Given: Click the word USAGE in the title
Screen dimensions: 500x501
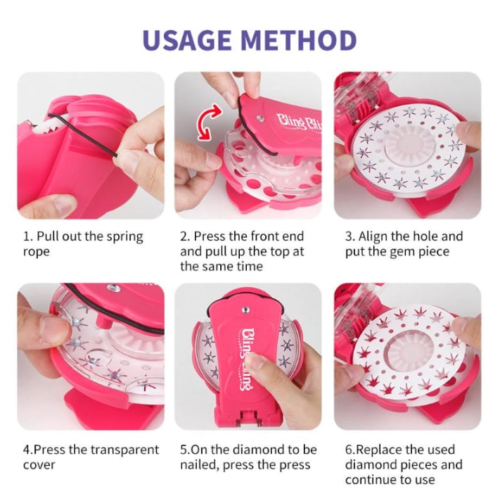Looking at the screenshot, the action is [x=187, y=41].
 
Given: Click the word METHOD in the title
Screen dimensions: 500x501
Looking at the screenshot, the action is [x=298, y=41].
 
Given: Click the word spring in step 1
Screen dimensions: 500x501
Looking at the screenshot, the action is [x=125, y=237].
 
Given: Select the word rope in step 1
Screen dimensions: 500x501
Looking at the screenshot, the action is [x=37, y=252].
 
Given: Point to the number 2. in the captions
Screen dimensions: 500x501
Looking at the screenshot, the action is [x=185, y=236].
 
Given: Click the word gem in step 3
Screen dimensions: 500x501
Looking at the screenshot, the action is [x=403, y=252].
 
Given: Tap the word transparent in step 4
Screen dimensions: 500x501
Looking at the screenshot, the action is [x=125, y=450].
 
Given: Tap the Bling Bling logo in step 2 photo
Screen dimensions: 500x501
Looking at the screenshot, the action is [x=300, y=122].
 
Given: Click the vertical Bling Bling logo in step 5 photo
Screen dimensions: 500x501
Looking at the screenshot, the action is [x=246, y=359].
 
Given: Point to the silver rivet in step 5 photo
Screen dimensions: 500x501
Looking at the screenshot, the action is [x=245, y=310].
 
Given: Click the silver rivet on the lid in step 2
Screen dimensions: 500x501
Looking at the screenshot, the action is [x=260, y=118].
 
